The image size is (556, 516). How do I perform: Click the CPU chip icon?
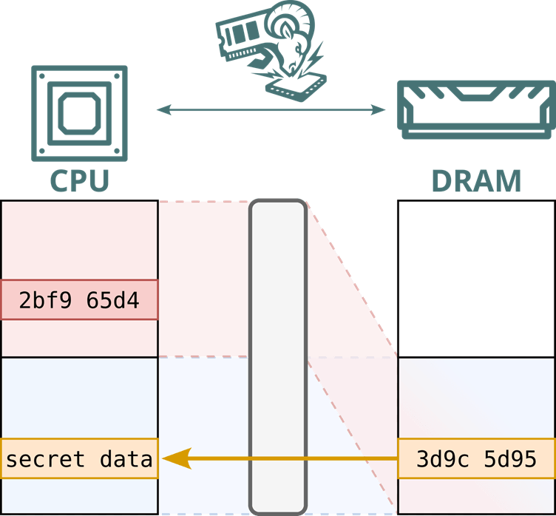point(79,112)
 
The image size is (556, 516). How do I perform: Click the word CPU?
point(79,180)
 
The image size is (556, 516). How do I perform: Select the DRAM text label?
point(476,180)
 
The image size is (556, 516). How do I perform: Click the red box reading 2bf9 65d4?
point(79,299)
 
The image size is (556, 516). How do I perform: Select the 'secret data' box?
point(79,458)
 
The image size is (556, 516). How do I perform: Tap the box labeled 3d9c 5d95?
point(476,458)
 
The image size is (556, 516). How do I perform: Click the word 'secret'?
point(44,459)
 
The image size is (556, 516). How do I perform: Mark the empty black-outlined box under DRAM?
point(476,278)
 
